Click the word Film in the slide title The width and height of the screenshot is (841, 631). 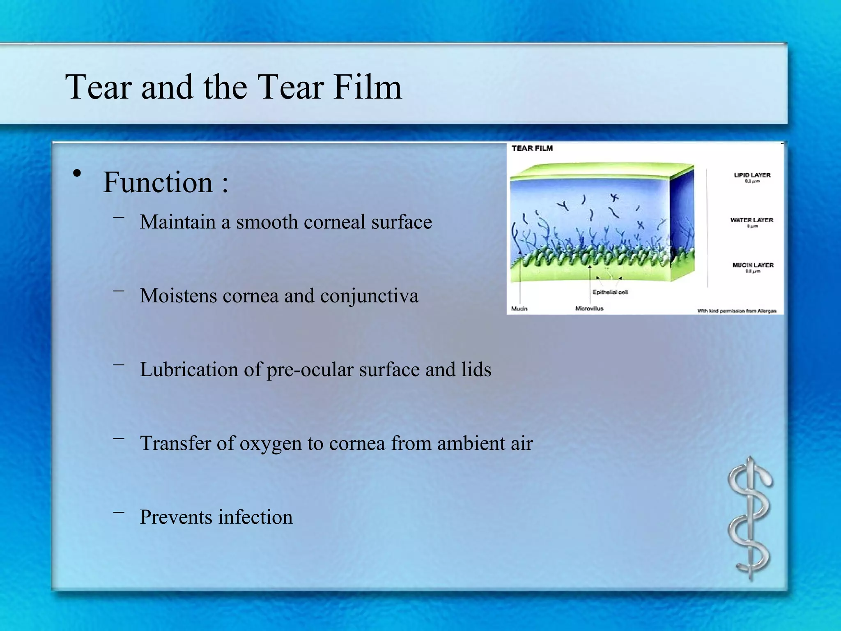[x=367, y=87]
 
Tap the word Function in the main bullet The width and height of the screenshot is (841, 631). [x=158, y=182]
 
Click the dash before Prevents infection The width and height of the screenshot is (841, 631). [x=119, y=512]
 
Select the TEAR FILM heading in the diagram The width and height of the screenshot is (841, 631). [x=532, y=148]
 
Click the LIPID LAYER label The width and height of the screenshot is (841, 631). [x=752, y=175]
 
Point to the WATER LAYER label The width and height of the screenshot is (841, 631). [x=751, y=220]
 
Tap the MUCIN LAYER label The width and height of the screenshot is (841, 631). [x=753, y=265]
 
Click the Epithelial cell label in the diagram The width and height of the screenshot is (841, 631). [x=610, y=292]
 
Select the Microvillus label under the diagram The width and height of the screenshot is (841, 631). [x=589, y=309]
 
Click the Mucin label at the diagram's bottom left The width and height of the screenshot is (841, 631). [x=519, y=309]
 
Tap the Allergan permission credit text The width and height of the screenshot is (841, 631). [x=736, y=311]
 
